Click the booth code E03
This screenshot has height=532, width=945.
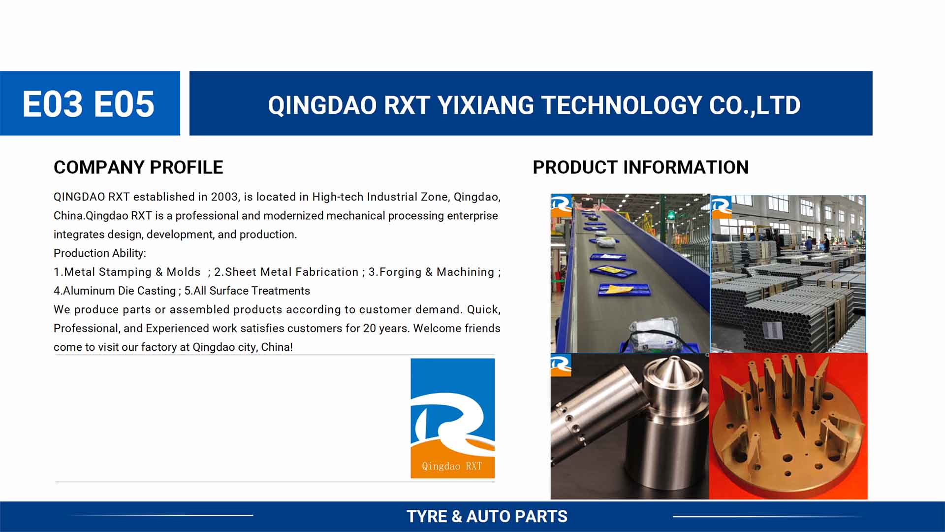[53, 104]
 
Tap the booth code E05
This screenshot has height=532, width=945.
[124, 104]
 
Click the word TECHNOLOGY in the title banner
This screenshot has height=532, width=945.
[622, 105]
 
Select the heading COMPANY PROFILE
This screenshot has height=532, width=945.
[138, 167]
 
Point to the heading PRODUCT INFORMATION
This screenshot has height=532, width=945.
[641, 167]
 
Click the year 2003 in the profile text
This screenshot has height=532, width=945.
[224, 197]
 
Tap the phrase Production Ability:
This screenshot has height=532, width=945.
[100, 253]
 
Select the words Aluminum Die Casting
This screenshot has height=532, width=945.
[119, 291]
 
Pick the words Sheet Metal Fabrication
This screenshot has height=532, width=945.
[292, 272]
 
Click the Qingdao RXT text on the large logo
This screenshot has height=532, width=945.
[452, 466]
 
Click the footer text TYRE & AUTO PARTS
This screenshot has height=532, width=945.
[487, 516]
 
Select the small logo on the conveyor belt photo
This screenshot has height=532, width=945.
[561, 205]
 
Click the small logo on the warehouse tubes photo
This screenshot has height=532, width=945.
[722, 207]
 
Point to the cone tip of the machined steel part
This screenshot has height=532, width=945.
[673, 359]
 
